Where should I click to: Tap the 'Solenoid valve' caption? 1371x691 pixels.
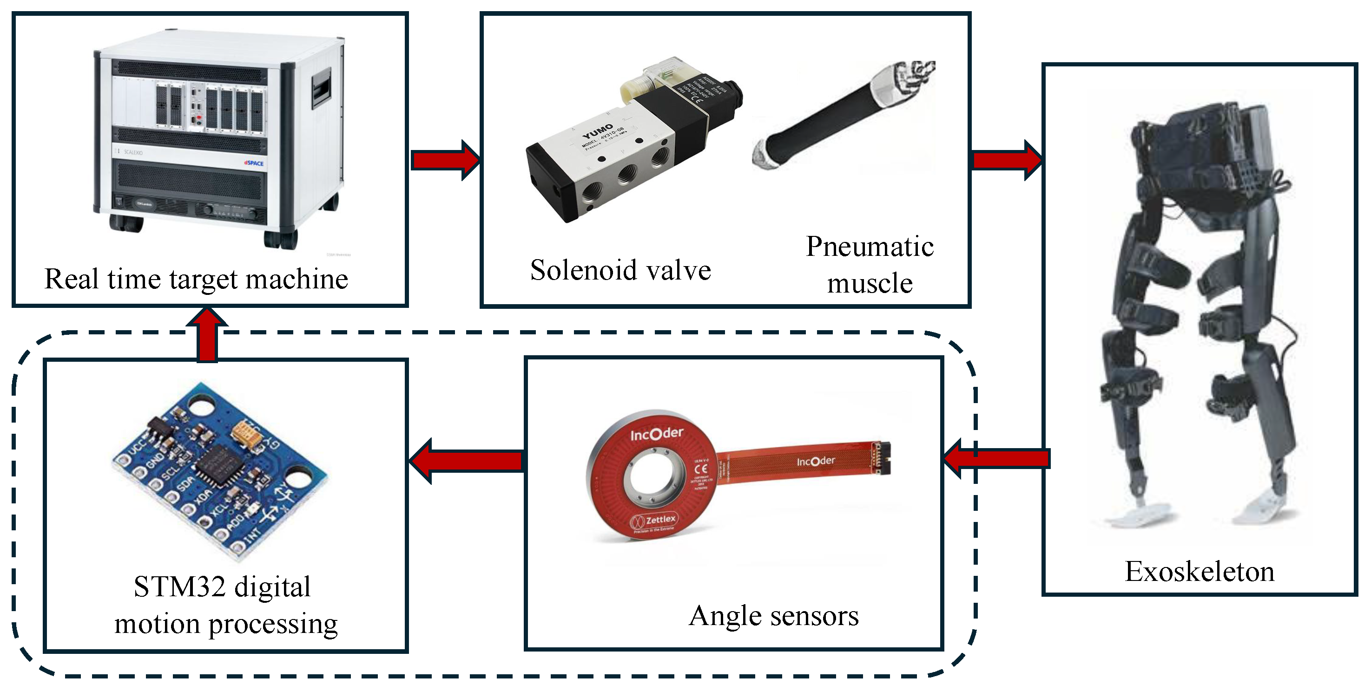pyautogui.click(x=620, y=270)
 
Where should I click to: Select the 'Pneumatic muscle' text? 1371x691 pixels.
pyautogui.click(x=869, y=264)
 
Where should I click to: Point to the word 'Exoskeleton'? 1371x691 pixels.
pyautogui.click(x=1199, y=571)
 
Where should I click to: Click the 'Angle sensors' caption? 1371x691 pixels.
pyautogui.click(x=773, y=615)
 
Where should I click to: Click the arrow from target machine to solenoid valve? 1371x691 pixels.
pyautogui.click(x=445, y=160)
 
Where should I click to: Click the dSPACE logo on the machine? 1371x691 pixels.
pyautogui.click(x=254, y=163)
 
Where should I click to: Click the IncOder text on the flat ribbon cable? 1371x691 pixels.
pyautogui.click(x=815, y=461)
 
